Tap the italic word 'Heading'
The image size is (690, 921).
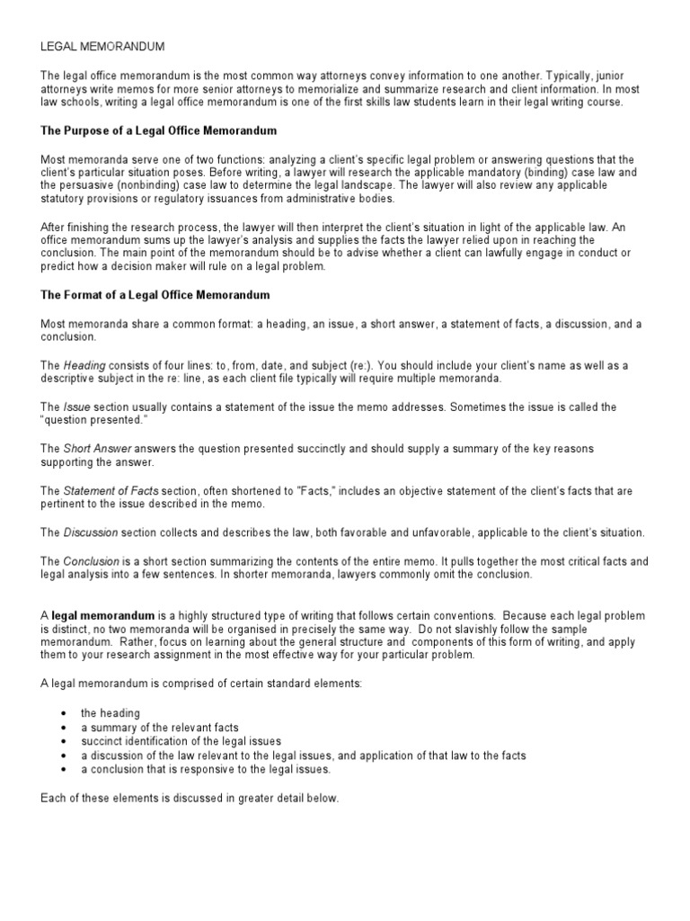pos(84,365)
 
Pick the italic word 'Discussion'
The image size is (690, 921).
pos(91,532)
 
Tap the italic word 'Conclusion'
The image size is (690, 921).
pos(93,561)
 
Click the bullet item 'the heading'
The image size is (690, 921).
pos(111,713)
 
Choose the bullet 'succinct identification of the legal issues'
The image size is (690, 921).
pos(181,741)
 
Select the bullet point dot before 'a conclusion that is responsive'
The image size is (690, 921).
pos(64,770)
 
